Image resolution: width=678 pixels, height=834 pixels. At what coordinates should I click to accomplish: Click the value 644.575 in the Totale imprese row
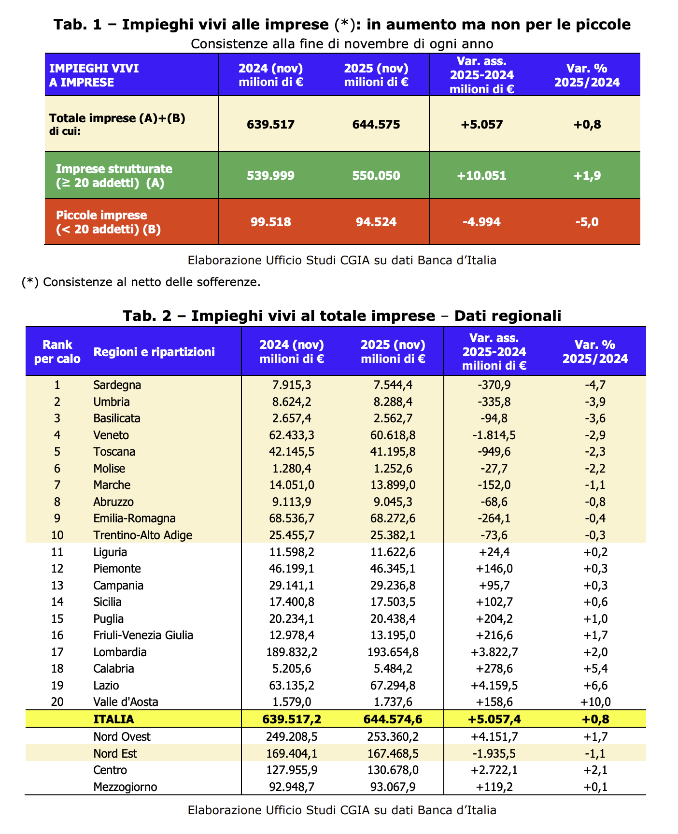tap(376, 125)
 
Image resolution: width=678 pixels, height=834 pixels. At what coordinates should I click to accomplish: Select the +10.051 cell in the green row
tap(481, 175)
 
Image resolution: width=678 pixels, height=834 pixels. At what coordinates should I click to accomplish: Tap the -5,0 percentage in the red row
tap(587, 222)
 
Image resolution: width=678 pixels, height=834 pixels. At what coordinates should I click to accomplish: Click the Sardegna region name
tap(117, 385)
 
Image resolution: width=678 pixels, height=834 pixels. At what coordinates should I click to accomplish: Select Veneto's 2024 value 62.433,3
tap(291, 435)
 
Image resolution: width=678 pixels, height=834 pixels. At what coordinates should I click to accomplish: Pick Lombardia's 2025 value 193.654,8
tap(393, 652)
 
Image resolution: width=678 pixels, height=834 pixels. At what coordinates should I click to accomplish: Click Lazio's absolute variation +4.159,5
tap(494, 686)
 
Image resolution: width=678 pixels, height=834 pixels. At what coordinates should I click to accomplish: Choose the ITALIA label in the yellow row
tap(113, 719)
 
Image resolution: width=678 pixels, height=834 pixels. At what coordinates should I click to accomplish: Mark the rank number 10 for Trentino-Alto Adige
tap(57, 535)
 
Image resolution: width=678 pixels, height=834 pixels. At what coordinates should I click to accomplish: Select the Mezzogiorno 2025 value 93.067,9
tap(393, 787)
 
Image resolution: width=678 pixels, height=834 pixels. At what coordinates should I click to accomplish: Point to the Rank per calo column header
tap(57, 352)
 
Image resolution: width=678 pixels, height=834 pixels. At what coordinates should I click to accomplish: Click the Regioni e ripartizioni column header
tap(154, 352)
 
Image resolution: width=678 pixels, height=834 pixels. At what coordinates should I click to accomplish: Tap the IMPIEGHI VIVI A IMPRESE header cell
tap(94, 75)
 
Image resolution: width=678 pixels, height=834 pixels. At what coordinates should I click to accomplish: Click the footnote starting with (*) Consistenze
tap(141, 282)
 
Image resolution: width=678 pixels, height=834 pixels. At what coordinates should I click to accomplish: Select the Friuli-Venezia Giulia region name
tap(143, 635)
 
